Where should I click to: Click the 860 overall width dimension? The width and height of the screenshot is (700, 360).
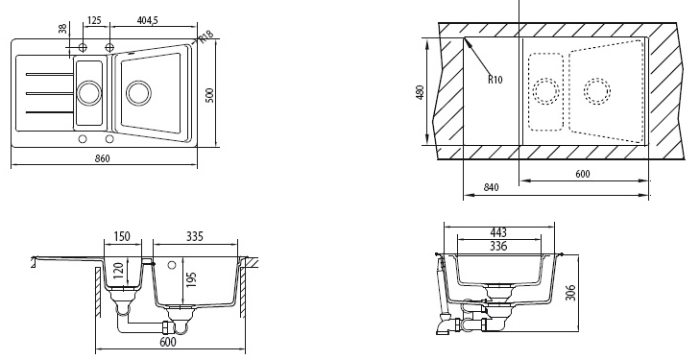(103, 158)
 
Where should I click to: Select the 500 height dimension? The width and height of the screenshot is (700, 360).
(210, 95)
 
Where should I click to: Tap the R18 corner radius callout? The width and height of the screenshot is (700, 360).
(206, 36)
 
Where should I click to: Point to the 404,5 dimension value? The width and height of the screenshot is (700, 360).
(147, 20)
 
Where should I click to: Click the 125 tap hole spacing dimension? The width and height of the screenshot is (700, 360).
(94, 20)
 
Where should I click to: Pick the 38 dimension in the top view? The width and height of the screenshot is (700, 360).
(62, 29)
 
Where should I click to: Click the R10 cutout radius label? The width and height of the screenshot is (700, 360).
(495, 80)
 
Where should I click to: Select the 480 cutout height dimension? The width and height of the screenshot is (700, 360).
(420, 92)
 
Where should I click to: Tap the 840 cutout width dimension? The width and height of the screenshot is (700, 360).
(491, 187)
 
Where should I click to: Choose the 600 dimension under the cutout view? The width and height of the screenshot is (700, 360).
(583, 174)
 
